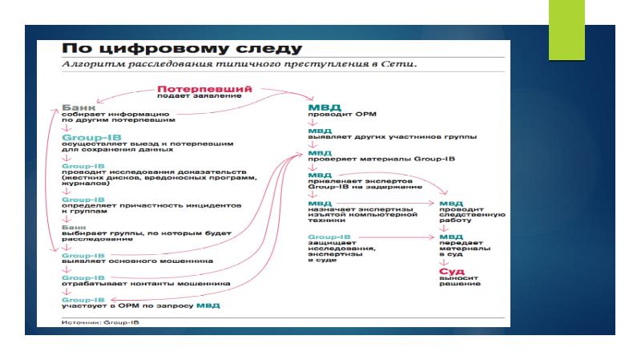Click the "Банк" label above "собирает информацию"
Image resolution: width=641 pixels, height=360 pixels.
pos(79,107)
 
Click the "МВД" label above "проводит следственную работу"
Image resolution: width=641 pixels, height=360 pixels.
pos(450,204)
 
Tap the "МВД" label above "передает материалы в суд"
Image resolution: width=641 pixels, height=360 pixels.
pos(450,237)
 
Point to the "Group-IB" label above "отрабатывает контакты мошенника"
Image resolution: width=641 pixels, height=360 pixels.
pos(81,277)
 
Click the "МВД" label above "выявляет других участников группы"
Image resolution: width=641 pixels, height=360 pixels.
pos(319,130)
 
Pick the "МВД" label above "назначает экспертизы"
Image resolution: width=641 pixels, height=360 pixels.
pos(319,204)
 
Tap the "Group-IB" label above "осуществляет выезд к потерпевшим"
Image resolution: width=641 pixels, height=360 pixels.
pos(86,138)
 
